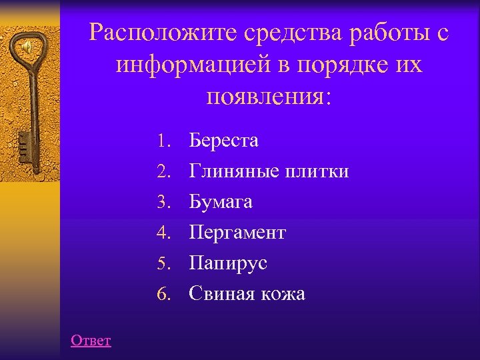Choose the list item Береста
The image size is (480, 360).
(x=223, y=141)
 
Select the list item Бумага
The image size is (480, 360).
(x=221, y=201)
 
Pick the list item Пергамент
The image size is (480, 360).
(x=237, y=233)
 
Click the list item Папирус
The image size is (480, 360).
(x=228, y=263)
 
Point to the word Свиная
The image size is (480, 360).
(x=219, y=293)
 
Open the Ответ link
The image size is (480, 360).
(x=91, y=341)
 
